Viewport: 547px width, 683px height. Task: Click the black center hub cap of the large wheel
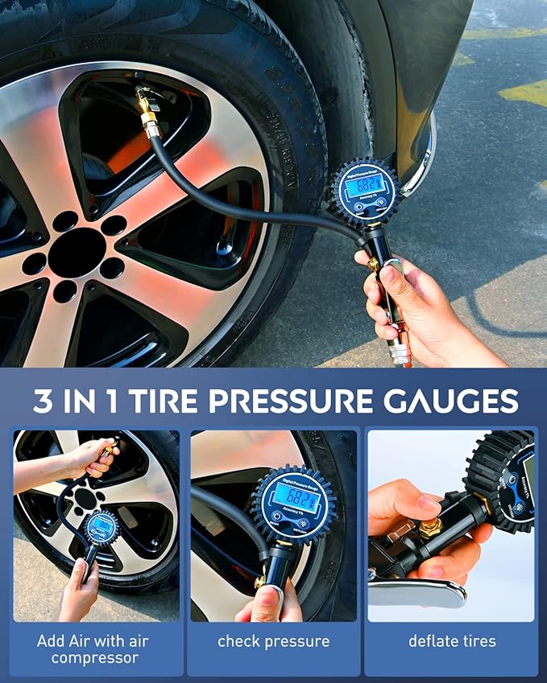[x=77, y=253]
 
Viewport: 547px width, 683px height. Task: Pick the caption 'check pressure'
[x=273, y=641]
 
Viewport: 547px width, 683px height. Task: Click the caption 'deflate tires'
[x=451, y=641]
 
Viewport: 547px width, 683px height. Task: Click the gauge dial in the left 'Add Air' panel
[x=101, y=527]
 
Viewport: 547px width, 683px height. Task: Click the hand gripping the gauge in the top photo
[x=395, y=290]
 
